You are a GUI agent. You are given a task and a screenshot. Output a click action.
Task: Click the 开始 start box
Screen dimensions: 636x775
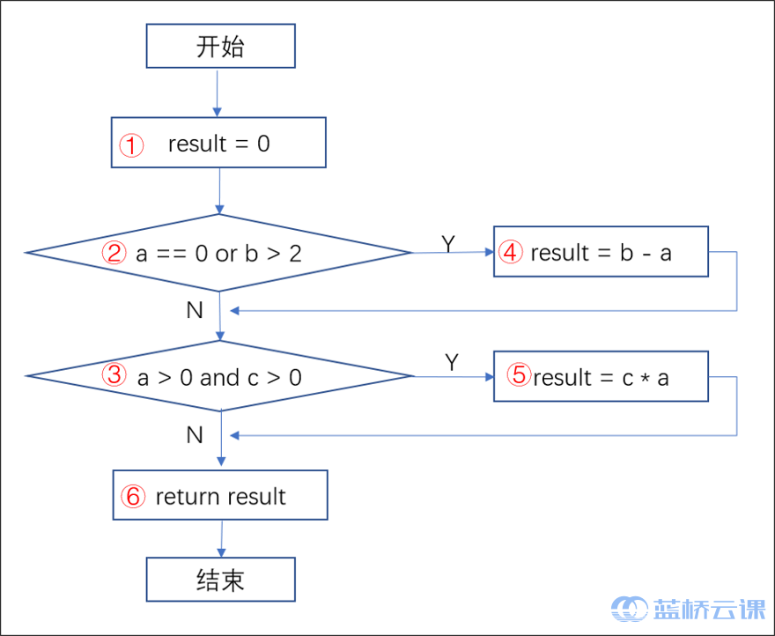point(220,46)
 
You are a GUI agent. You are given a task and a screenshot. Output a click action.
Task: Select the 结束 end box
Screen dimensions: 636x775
point(220,580)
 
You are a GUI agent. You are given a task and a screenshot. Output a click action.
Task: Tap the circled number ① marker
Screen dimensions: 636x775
point(132,144)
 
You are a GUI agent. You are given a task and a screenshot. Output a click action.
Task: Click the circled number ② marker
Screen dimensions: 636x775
point(115,254)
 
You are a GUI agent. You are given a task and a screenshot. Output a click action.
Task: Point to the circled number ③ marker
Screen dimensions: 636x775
point(115,377)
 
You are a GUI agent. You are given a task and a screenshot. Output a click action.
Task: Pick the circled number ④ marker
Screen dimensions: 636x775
point(511,253)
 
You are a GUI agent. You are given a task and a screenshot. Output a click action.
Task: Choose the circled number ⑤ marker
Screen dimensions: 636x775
point(520,376)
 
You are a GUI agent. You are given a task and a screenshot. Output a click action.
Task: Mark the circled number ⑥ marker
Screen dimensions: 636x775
point(133,497)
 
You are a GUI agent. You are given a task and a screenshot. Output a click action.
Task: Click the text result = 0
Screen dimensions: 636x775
point(219,144)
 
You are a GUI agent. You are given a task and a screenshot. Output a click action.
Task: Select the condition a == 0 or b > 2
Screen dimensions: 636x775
point(218,254)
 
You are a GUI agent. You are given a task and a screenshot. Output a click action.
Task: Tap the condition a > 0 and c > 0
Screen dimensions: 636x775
point(219,378)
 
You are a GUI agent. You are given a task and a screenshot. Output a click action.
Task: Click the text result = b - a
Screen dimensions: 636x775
point(601,253)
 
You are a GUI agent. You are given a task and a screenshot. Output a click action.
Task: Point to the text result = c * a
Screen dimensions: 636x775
point(601,378)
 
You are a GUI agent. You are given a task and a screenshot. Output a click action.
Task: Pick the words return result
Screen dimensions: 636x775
point(220,497)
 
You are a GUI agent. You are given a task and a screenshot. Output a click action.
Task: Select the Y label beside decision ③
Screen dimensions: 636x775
point(452,362)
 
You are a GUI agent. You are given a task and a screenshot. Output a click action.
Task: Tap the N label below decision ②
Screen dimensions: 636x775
point(195,310)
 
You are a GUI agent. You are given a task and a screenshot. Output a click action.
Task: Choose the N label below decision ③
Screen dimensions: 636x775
point(195,435)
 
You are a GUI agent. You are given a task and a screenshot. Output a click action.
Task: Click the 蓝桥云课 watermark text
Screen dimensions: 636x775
point(709,610)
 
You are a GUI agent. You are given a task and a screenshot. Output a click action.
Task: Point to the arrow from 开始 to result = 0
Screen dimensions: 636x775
point(217,92)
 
